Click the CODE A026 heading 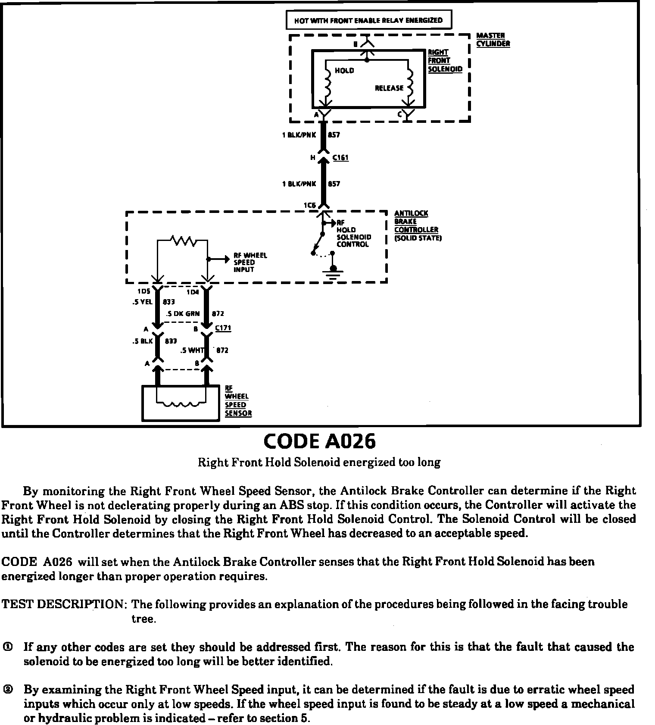tap(319, 441)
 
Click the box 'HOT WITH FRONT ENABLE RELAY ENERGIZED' tap(368, 20)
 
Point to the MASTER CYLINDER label tap(493, 39)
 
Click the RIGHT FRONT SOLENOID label tap(445, 61)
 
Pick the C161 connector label tap(340, 158)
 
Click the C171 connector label tap(223, 328)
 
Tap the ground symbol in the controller tap(332, 273)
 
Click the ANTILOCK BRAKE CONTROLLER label tap(416, 225)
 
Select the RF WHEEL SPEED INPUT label tap(250, 262)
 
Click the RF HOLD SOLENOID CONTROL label tap(353, 234)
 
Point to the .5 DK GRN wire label tap(183, 314)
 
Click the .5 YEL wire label tap(142, 302)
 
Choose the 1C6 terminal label tap(309, 205)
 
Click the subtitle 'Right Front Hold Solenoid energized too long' tap(319, 462)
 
